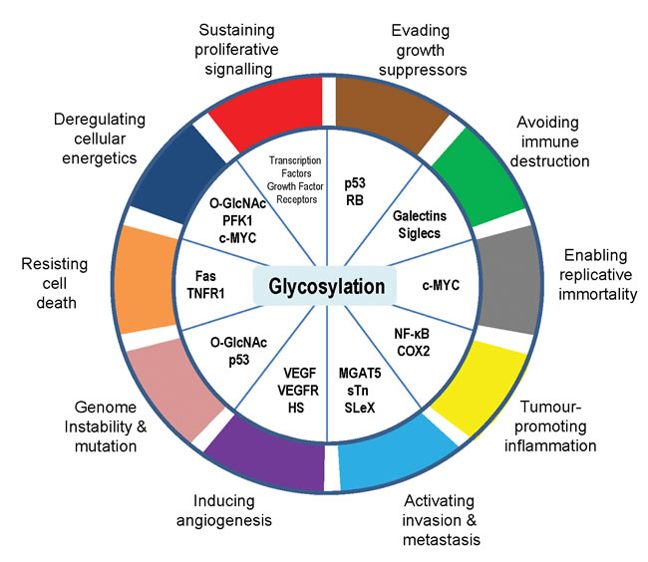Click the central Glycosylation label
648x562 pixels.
pos(326,286)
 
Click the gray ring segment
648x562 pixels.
pos(509,281)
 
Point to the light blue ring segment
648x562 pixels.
pos(393,452)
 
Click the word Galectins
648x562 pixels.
pos(420,215)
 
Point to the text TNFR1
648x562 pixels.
pos(205,293)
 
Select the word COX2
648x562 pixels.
pos(414,351)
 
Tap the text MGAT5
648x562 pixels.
pos(360,373)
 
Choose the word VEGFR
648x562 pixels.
pos(298,391)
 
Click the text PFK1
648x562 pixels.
pos(237,220)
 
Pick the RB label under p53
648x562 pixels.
pos(355,200)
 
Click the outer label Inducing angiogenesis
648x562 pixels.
pos(224,510)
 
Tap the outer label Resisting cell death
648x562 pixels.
pos(55,283)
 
